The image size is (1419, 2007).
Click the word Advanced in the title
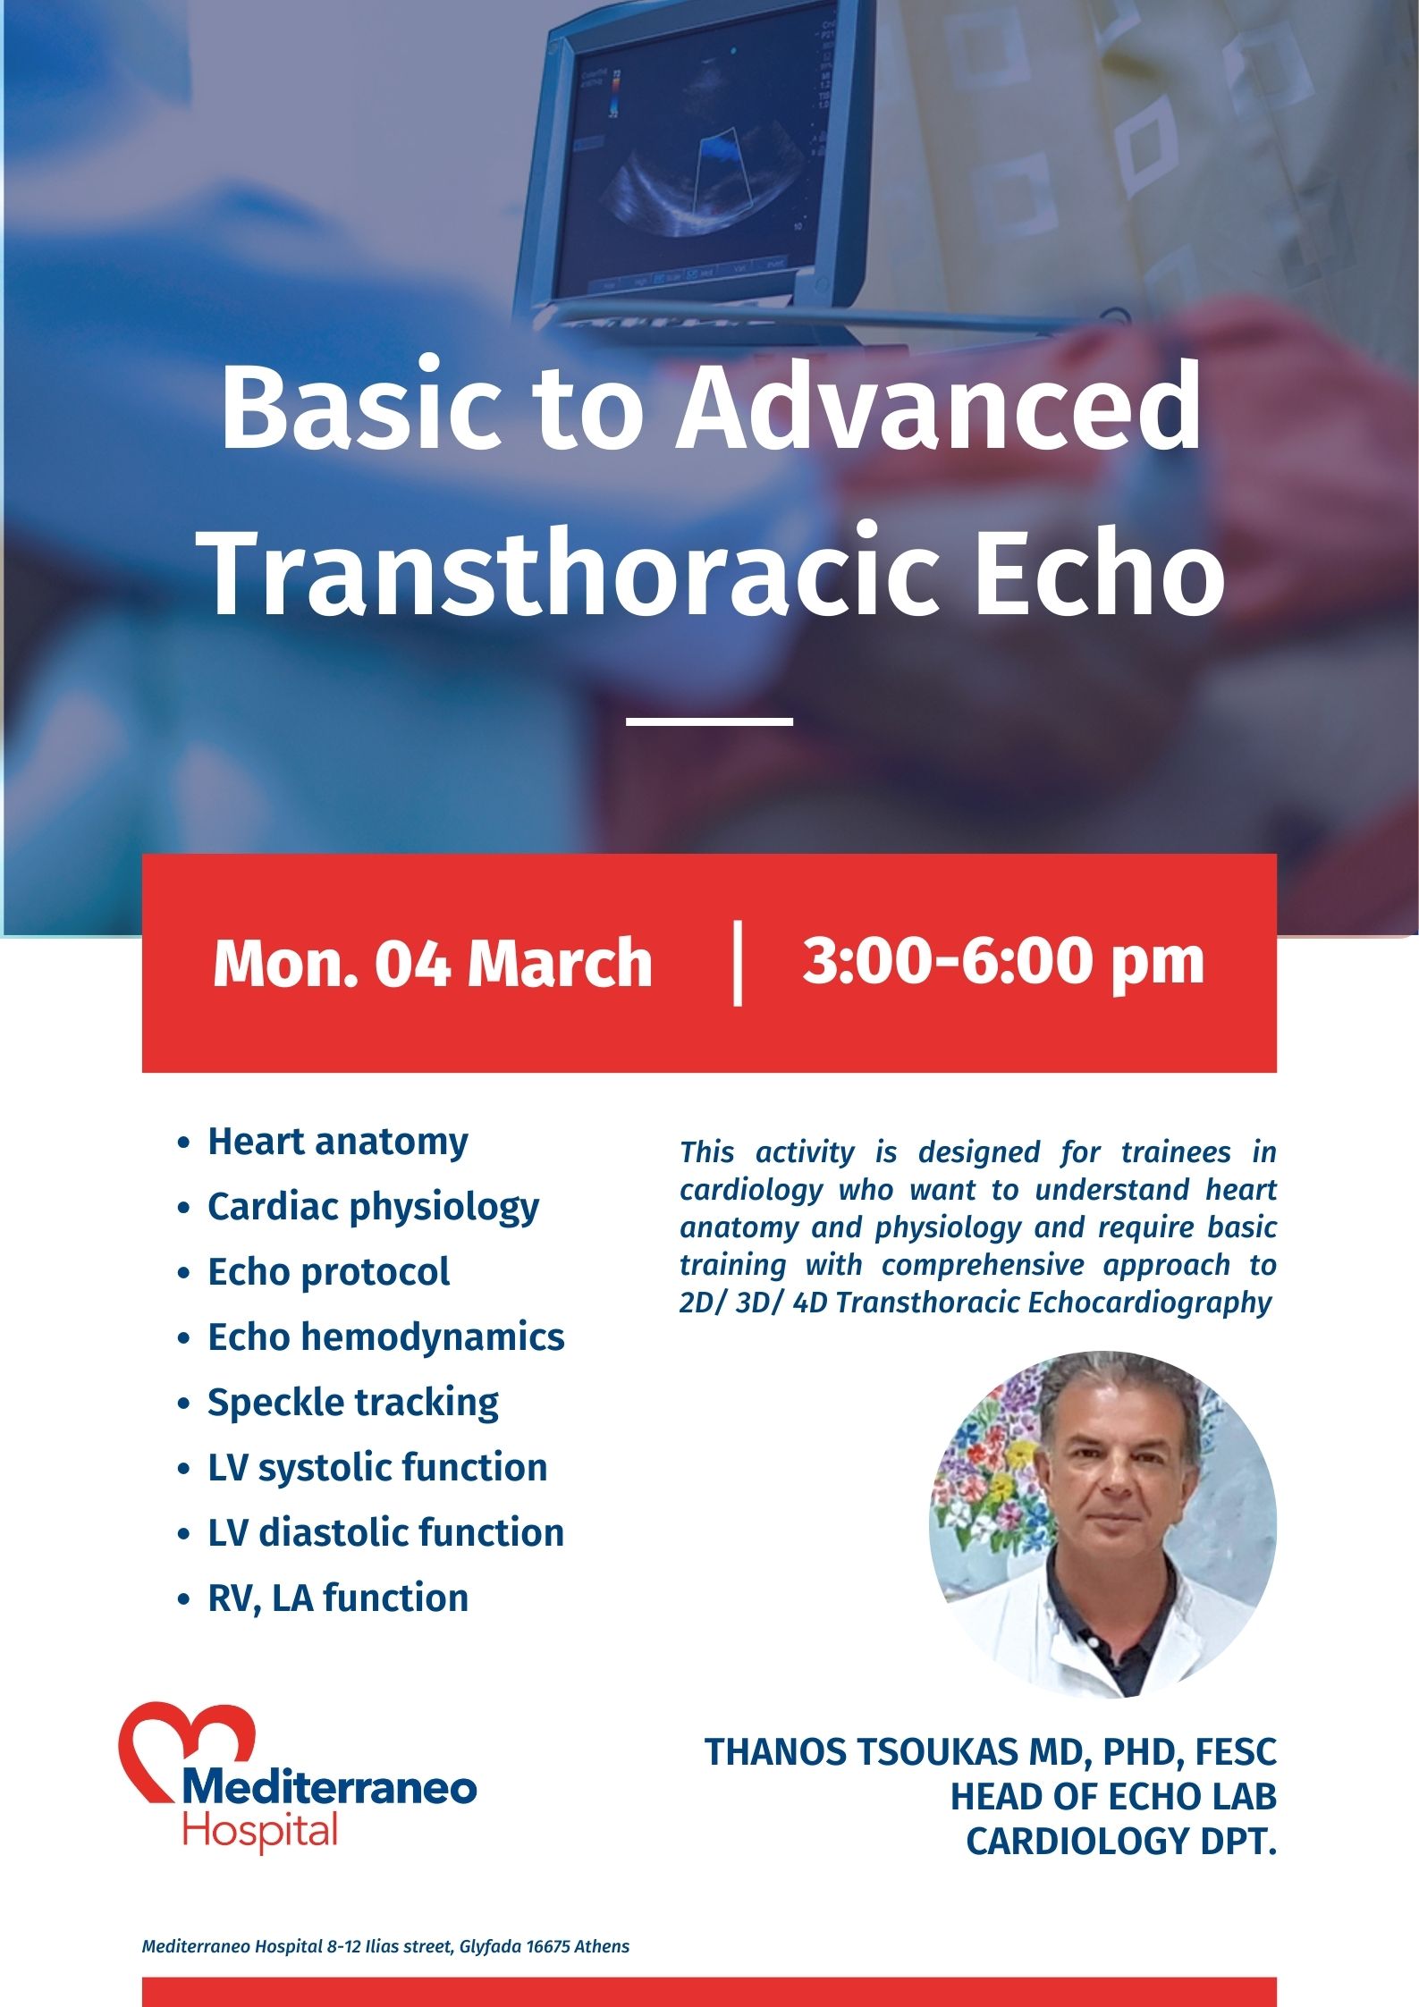pyautogui.click(x=939, y=409)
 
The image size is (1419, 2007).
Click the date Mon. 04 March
pyautogui.click(x=433, y=964)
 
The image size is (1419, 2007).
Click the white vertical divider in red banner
pyautogui.click(x=738, y=963)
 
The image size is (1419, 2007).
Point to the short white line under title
pyautogui.click(x=709, y=721)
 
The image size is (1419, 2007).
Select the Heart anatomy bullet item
pyautogui.click(x=337, y=1143)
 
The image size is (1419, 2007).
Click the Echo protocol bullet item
pyautogui.click(x=328, y=1272)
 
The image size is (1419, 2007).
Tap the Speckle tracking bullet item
pyautogui.click(x=352, y=1403)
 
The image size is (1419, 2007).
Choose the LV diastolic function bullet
pyautogui.click(x=385, y=1533)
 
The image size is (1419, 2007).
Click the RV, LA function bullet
pyautogui.click(x=337, y=1598)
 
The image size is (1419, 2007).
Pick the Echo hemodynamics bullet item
pyautogui.click(x=385, y=1337)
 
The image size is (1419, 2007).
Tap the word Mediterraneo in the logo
pyautogui.click(x=329, y=1788)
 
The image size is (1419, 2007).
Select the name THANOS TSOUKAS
pyautogui.click(x=863, y=1752)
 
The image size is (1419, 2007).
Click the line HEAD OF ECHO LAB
pyautogui.click(x=1113, y=1797)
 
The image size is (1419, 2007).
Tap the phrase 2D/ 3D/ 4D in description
pyautogui.click(x=754, y=1303)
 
